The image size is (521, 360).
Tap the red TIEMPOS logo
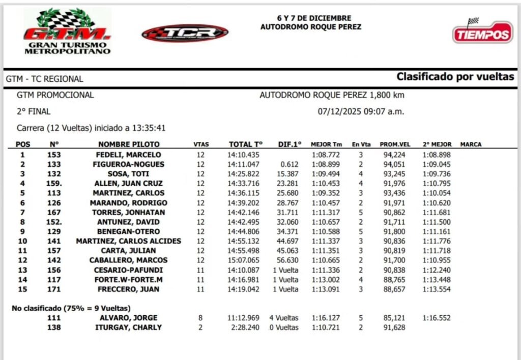click(482, 33)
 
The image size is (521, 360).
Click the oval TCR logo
click(185, 33)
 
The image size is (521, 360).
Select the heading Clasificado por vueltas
click(455, 77)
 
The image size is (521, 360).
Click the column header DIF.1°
click(290, 144)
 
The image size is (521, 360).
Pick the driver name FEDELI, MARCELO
click(129, 155)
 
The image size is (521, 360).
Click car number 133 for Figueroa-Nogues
click(54, 164)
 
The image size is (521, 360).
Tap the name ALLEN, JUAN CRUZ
click(129, 184)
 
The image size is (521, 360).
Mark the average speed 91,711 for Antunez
click(395, 222)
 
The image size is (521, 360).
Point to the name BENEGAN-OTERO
click(129, 231)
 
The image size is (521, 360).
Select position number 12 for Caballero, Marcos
click(22, 260)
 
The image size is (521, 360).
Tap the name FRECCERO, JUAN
click(129, 289)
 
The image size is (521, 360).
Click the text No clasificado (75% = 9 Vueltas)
click(71, 308)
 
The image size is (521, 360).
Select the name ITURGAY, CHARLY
click(129, 327)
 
